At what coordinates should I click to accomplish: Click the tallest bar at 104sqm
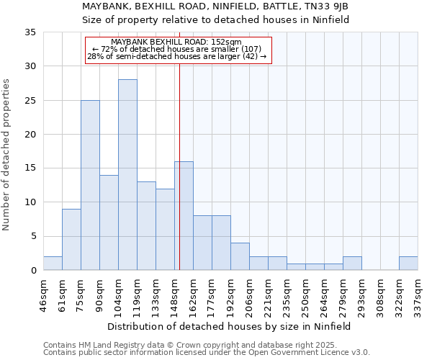[x=127, y=175]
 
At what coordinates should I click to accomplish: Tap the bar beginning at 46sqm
[x=53, y=264]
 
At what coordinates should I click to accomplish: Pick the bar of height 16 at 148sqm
[x=184, y=216]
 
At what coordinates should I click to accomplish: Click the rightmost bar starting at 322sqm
[x=408, y=264]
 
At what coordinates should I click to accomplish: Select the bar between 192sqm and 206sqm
[x=240, y=257]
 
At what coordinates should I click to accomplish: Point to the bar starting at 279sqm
[x=352, y=264]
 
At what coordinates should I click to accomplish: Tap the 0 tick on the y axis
[x=33, y=271]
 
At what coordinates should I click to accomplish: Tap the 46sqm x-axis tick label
[x=43, y=294]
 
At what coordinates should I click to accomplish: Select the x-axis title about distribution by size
[x=230, y=326]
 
